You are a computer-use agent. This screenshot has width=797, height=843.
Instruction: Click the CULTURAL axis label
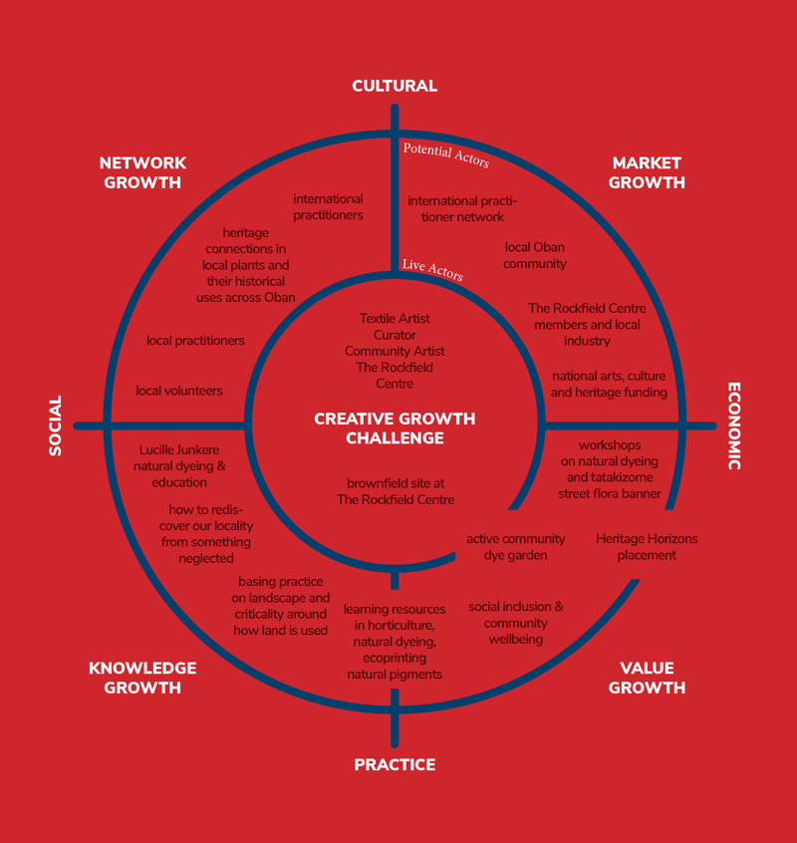(x=395, y=86)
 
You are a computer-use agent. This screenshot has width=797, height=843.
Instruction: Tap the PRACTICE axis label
(x=395, y=764)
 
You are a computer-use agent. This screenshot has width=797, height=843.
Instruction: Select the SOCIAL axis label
(x=56, y=425)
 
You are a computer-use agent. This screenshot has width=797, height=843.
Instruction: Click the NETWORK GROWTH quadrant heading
(x=142, y=172)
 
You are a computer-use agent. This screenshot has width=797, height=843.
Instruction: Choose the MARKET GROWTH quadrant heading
(x=647, y=172)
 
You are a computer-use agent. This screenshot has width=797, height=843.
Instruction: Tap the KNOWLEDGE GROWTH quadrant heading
(x=142, y=678)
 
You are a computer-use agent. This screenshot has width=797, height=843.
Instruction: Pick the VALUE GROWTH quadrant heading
(x=647, y=678)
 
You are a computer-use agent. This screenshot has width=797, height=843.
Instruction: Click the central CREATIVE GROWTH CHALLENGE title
(x=395, y=428)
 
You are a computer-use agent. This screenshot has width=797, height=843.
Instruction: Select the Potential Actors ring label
(x=445, y=154)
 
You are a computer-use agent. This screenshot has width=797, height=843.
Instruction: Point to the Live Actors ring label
(x=432, y=270)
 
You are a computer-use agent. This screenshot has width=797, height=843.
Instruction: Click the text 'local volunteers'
(x=179, y=391)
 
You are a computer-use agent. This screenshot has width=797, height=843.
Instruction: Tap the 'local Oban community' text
(x=534, y=255)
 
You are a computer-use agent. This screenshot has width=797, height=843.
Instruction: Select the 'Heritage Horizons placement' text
(x=647, y=547)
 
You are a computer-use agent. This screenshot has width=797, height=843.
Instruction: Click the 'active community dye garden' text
(x=515, y=547)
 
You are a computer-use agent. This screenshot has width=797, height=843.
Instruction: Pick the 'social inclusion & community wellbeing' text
(x=516, y=622)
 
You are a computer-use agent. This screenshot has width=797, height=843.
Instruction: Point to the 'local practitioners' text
(x=195, y=341)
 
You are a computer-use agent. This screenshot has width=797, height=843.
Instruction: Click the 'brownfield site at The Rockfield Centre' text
(x=396, y=491)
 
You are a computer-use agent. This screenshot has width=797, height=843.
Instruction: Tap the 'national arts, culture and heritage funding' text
(x=609, y=384)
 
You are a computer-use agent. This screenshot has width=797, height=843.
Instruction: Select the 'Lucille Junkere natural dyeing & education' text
(x=181, y=466)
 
